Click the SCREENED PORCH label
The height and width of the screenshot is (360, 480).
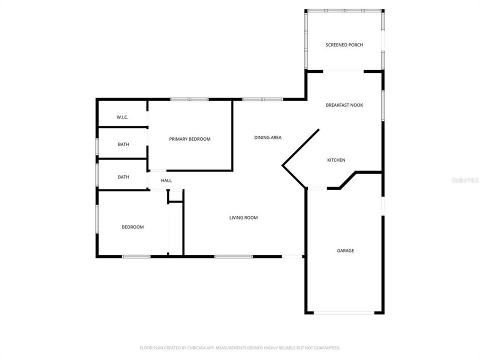(x=344, y=45)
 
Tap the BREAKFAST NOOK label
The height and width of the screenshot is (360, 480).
(x=344, y=105)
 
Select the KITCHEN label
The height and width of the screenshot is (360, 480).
(x=336, y=160)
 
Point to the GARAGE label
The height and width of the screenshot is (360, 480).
(x=345, y=250)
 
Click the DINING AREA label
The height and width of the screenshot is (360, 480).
(x=267, y=137)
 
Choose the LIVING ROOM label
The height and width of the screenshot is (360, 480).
(x=243, y=217)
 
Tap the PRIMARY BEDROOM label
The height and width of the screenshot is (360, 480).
(x=189, y=139)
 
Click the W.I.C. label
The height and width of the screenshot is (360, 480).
(x=122, y=117)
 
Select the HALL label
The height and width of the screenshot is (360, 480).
(x=166, y=180)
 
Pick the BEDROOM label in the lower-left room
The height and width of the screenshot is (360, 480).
(x=132, y=227)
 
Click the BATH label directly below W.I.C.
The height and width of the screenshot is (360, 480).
(x=123, y=144)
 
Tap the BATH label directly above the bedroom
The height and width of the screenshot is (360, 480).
(x=123, y=177)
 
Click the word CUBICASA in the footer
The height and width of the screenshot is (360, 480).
(x=183, y=347)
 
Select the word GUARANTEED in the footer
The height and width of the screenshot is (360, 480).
(x=326, y=347)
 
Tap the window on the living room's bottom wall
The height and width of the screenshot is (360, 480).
(x=233, y=257)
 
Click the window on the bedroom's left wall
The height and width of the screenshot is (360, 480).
(x=97, y=223)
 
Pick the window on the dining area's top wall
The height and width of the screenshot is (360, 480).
(x=263, y=99)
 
